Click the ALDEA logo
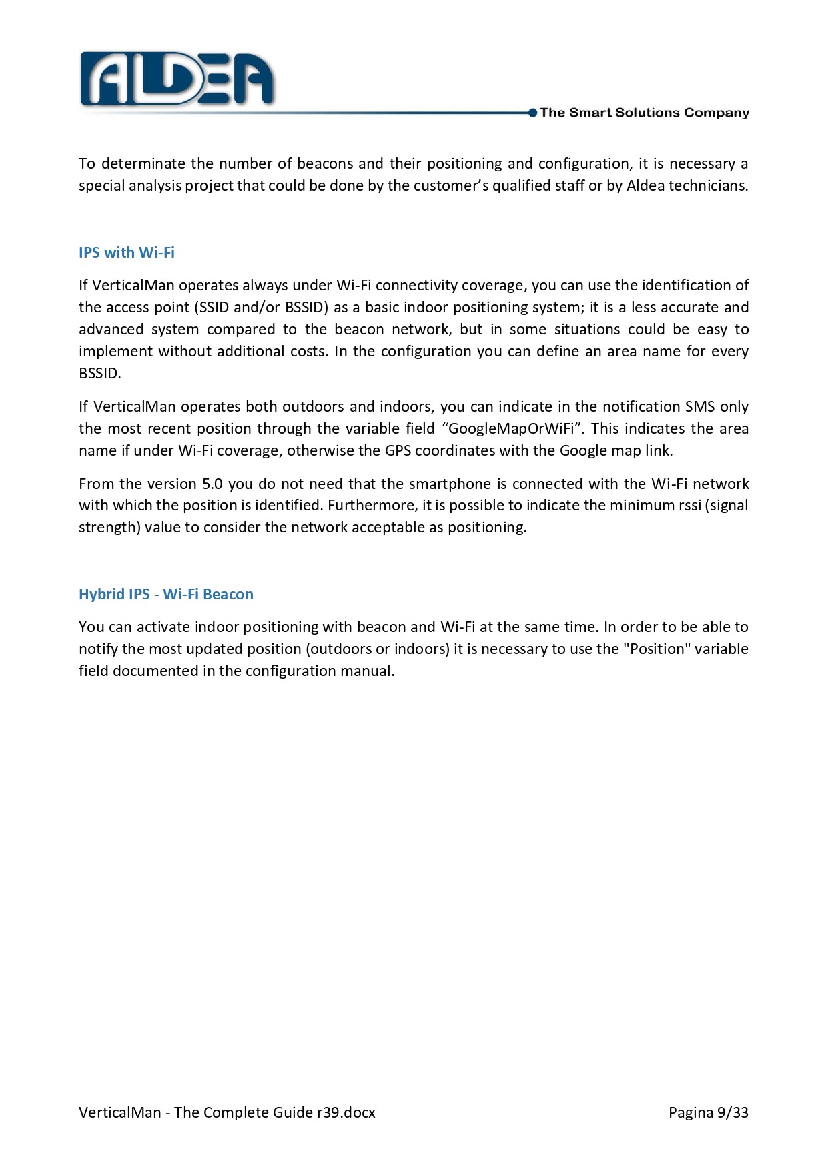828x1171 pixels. point(177,80)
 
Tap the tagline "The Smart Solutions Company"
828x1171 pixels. point(644,113)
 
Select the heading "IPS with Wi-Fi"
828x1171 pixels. point(127,252)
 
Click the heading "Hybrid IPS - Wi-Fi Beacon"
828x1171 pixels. point(166,594)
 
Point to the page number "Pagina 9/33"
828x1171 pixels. point(708,1112)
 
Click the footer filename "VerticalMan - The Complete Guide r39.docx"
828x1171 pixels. point(227,1112)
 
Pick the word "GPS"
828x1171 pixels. point(398,450)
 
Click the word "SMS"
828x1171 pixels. point(700,406)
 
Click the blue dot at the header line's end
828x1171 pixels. point(532,113)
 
